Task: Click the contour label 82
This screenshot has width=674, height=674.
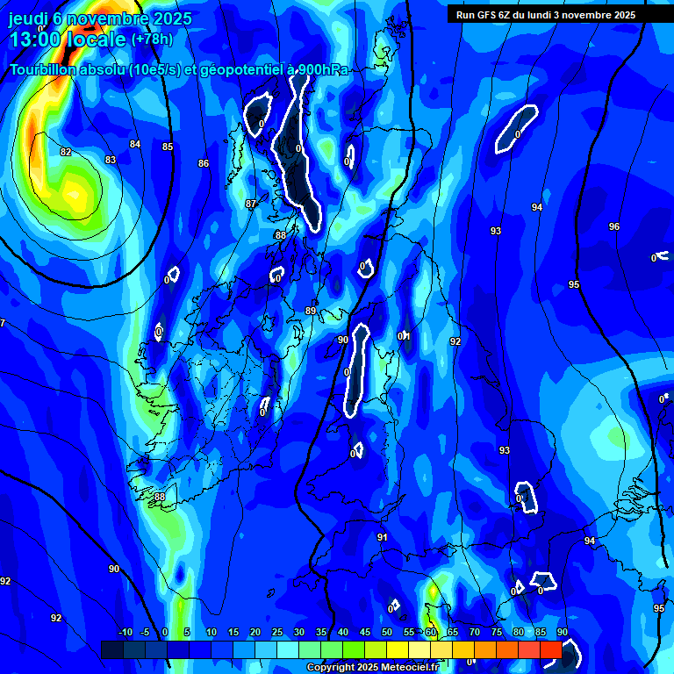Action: tap(66, 152)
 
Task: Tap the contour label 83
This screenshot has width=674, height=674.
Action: tap(111, 160)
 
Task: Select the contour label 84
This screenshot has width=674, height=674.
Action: tap(135, 144)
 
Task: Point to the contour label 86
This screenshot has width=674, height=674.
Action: tap(204, 163)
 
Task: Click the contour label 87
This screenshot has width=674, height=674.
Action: tap(251, 204)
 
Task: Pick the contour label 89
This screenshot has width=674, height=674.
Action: tap(311, 311)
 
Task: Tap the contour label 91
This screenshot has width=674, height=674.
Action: tap(383, 537)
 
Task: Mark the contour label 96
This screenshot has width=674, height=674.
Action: tap(614, 226)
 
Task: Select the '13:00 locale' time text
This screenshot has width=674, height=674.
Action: tap(68, 39)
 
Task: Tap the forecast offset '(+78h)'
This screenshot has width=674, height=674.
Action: tap(152, 39)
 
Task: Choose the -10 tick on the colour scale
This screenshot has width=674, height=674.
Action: tap(125, 633)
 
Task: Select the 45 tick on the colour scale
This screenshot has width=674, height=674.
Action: tap(365, 633)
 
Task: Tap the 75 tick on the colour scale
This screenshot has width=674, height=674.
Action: tap(497, 633)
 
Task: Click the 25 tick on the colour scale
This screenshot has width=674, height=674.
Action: tap(277, 633)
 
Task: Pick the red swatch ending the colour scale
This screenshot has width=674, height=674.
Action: tap(550, 649)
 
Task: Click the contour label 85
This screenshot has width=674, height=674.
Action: tap(168, 147)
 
